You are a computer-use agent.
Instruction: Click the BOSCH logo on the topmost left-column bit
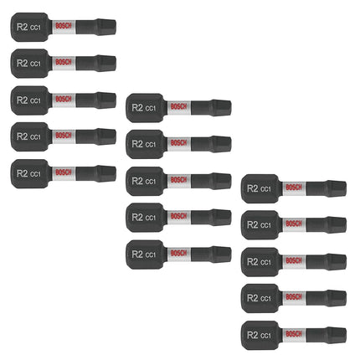(x=64, y=26)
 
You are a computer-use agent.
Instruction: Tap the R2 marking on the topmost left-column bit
(x=22, y=27)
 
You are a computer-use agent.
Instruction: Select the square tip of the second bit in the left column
(x=106, y=64)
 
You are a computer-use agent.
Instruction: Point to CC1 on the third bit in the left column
(x=35, y=100)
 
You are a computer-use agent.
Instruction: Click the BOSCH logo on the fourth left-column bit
(x=64, y=136)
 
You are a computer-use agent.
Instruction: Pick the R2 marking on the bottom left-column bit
(x=22, y=173)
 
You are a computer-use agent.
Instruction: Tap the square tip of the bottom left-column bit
(x=106, y=173)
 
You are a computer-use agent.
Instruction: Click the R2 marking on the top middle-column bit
(x=137, y=108)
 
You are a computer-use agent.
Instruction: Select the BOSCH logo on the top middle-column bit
(x=179, y=106)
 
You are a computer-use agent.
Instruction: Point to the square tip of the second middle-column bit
(x=222, y=144)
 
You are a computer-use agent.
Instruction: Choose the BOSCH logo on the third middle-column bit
(x=179, y=180)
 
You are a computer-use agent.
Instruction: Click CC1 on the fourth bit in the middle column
(x=151, y=218)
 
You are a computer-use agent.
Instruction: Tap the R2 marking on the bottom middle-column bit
(x=137, y=255)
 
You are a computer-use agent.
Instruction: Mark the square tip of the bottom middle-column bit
(x=222, y=255)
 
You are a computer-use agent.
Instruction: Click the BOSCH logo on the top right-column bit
(x=294, y=188)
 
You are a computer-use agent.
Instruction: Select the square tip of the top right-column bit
(x=337, y=188)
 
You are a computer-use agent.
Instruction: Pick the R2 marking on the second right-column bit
(x=253, y=225)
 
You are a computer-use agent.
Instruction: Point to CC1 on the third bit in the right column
(x=265, y=262)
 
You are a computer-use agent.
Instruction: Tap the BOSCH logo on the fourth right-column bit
(x=294, y=297)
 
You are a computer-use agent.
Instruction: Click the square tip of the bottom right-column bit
(x=337, y=335)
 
